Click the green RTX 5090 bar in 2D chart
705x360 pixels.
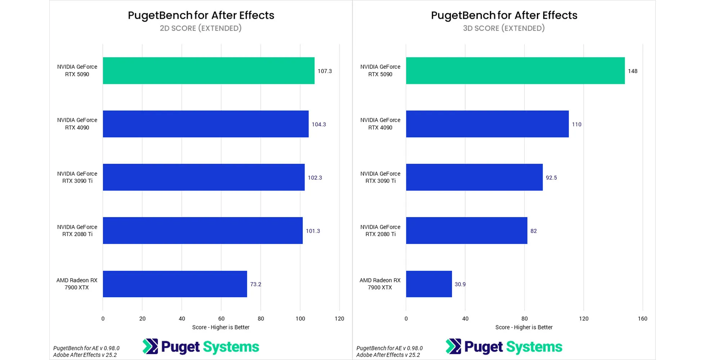tap(208, 71)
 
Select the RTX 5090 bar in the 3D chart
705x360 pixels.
tap(515, 71)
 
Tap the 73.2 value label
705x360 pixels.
tap(256, 284)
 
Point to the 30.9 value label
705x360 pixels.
tap(460, 284)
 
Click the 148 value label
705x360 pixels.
tap(633, 71)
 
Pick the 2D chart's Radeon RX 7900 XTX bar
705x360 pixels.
tap(175, 284)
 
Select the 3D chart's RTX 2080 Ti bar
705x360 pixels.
tap(467, 230)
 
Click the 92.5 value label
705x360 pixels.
tap(551, 178)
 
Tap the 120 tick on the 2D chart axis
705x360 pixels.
tap(339, 319)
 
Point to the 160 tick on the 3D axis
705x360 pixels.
tap(642, 319)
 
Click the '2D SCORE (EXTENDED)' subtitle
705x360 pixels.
tap(201, 28)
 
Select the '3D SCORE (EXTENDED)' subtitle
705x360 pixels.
tap(504, 28)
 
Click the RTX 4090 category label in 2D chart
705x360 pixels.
tap(77, 124)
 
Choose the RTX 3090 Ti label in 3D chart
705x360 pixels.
tap(380, 177)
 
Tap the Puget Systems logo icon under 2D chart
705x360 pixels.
tap(150, 346)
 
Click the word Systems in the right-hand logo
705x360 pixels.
tap(534, 347)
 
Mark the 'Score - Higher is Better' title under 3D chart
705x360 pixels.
tap(524, 327)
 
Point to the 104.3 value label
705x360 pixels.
tap(319, 125)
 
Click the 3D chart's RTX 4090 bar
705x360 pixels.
tap(487, 124)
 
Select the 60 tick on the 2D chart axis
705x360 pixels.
tap(221, 319)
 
